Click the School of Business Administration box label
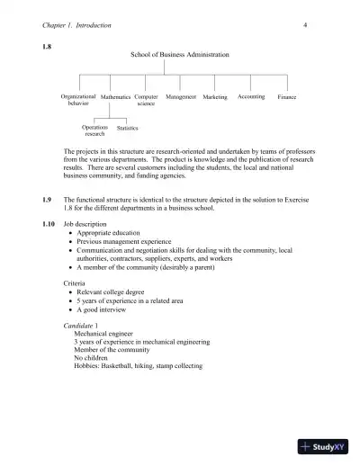(x=180, y=55)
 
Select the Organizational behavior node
(x=78, y=100)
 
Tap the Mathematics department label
(x=115, y=96)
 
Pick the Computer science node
(x=146, y=100)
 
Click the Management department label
(x=181, y=96)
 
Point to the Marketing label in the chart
(x=215, y=96)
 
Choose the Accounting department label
(x=251, y=96)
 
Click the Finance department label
(x=287, y=96)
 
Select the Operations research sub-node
(x=94, y=130)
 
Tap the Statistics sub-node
(x=128, y=128)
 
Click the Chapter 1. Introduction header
(x=77, y=25)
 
